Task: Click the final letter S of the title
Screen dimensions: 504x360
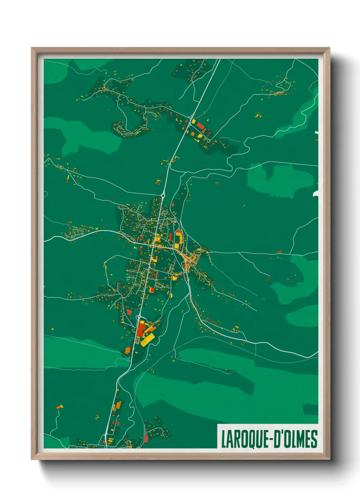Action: pos(314,439)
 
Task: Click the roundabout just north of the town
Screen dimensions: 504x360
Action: pos(163,195)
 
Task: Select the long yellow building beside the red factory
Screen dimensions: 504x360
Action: pos(148,340)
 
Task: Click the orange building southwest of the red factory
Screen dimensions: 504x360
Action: pos(128,350)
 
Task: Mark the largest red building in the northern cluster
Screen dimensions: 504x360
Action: pos(200,127)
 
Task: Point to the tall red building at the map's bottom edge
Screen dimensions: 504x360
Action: pos(146,438)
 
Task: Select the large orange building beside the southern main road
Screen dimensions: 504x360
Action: pos(118,405)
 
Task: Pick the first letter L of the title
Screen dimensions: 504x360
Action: pos(224,439)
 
